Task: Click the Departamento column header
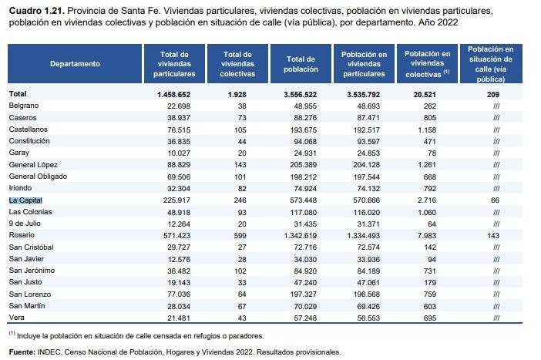point(75,64)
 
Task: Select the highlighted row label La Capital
point(25,200)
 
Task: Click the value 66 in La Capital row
point(495,200)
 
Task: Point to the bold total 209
point(493,95)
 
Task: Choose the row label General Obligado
point(38,177)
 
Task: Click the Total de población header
point(301,64)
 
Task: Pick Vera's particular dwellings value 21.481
point(179,318)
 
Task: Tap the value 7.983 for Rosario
point(427,236)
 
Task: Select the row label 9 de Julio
point(25,224)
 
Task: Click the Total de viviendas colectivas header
point(237,64)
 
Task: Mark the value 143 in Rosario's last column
point(493,236)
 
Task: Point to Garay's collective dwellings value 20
point(242,153)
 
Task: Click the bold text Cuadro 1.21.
point(37,11)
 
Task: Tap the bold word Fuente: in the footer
point(22,352)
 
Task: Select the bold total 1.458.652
point(173,95)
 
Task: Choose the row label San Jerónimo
point(32,271)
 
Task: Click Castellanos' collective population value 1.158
point(427,130)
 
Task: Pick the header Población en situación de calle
point(490,64)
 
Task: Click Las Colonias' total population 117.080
point(304,212)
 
